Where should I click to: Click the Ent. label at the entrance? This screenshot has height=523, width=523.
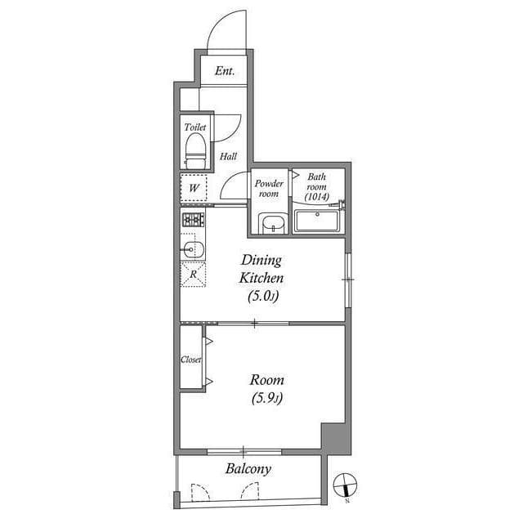(225, 71)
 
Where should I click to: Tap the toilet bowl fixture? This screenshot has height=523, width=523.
(194, 148)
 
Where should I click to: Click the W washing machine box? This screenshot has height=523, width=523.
(194, 189)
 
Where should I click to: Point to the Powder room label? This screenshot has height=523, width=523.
(268, 189)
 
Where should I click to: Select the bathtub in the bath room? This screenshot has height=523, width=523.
(319, 221)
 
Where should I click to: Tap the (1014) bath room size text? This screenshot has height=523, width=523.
(316, 197)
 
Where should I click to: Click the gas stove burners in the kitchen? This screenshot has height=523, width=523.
(193, 219)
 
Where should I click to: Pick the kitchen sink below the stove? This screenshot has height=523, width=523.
(192, 248)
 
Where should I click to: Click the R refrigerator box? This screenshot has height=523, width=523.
(193, 274)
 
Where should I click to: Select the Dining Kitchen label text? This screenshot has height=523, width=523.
(261, 269)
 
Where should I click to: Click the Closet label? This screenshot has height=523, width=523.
(190, 360)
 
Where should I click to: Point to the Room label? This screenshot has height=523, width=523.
(267, 380)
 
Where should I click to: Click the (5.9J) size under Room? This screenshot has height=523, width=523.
(267, 399)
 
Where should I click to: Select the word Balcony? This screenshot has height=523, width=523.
(248, 469)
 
